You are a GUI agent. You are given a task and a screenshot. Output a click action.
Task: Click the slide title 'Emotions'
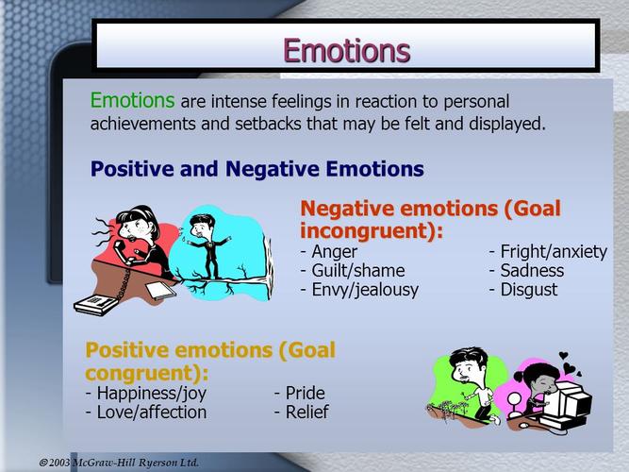(346, 48)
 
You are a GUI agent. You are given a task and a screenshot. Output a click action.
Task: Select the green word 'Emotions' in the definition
(132, 100)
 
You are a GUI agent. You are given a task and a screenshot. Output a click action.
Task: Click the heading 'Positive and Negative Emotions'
(257, 170)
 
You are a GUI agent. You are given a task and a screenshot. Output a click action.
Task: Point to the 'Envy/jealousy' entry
(364, 290)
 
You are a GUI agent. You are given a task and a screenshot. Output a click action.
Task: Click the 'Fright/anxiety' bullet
(553, 252)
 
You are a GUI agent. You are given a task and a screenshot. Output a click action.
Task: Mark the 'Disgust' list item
(528, 290)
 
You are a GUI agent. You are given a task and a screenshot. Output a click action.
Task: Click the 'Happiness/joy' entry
(150, 394)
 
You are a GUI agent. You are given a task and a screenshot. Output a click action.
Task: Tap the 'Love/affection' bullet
(150, 413)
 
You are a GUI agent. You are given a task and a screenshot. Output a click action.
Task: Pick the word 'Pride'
(304, 394)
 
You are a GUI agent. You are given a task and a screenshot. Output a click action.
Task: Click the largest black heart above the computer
(564, 359)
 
